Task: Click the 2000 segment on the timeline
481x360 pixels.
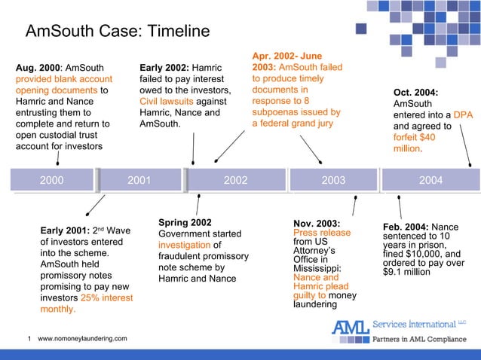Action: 51,180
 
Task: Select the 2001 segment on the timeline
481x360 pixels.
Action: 139,180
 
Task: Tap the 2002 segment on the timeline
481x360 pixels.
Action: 235,180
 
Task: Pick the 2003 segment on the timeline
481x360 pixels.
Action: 333,180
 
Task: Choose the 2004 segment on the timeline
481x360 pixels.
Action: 430,180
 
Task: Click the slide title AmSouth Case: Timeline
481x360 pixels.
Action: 117,32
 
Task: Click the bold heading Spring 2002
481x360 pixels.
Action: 185,222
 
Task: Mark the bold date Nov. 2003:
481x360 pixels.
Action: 317,223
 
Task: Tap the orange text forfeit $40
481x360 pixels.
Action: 415,138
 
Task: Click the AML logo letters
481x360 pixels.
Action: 351,328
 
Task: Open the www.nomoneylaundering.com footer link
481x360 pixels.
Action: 82,340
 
